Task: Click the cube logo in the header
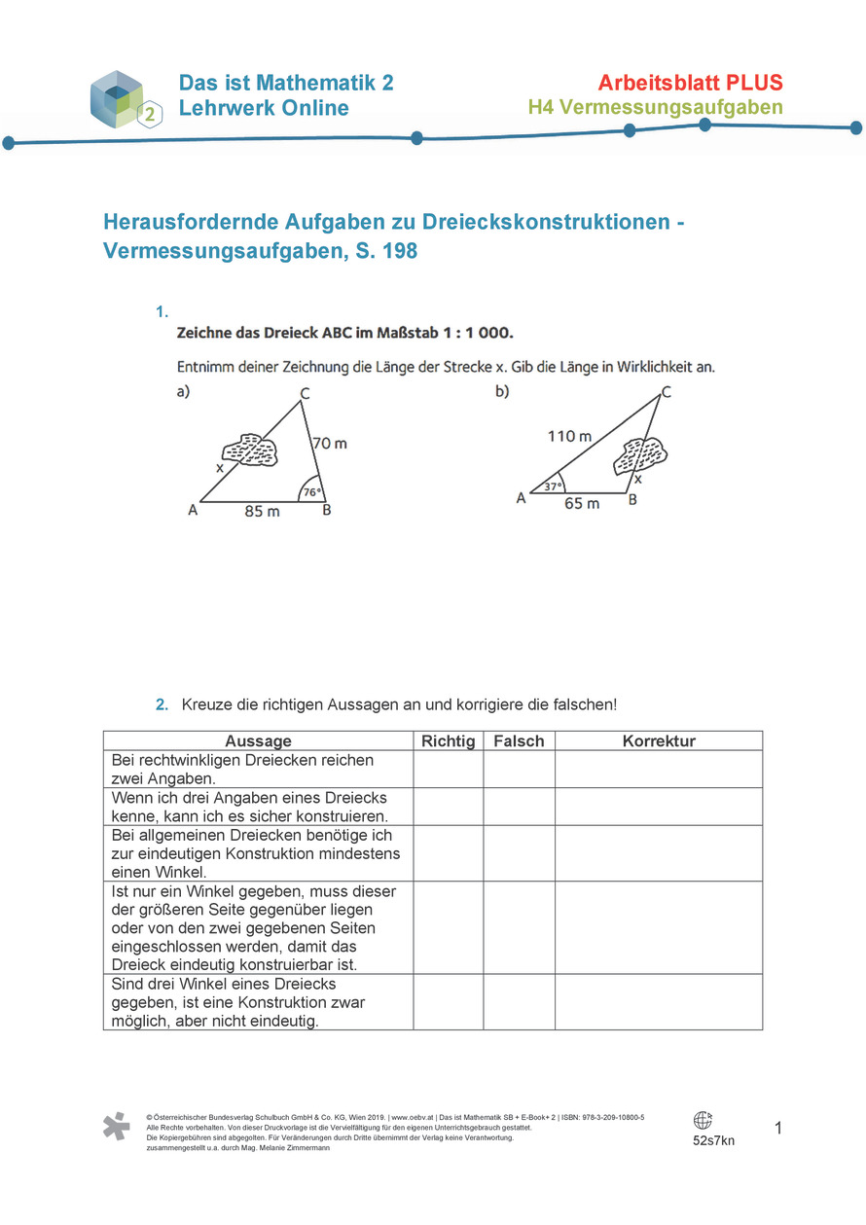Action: (120, 99)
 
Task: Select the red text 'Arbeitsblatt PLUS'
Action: (690, 83)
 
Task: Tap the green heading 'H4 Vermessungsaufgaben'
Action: (655, 107)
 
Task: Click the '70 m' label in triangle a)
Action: (329, 444)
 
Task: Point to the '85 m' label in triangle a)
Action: (262, 511)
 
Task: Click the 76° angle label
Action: (309, 492)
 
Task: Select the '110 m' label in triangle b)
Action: (569, 436)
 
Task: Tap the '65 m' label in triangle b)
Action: (581, 504)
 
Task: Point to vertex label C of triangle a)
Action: (305, 393)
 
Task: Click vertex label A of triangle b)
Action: (521, 498)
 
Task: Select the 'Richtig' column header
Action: (448, 741)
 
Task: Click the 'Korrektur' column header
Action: (659, 741)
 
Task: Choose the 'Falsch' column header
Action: (519, 741)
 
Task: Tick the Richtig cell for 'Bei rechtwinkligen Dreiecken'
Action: (448, 769)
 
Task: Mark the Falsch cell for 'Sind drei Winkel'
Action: (519, 1002)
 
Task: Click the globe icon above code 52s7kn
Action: (703, 1121)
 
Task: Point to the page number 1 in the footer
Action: (778, 1129)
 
